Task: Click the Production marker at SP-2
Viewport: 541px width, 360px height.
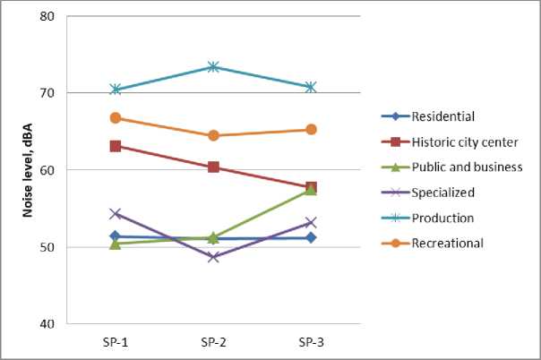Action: coord(213,66)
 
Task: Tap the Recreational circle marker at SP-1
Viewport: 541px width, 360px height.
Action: coord(116,118)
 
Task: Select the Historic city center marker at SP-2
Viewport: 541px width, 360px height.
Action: coord(213,167)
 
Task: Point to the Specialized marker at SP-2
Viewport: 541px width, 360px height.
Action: coord(213,257)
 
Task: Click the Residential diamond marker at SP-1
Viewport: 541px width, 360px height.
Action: coord(116,236)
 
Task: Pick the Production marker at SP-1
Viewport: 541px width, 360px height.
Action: coord(116,90)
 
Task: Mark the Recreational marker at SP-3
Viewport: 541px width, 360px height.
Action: coord(311,129)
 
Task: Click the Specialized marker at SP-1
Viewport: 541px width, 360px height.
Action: coord(116,214)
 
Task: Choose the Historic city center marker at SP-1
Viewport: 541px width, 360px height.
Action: coord(116,146)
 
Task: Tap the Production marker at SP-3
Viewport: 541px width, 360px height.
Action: coord(311,87)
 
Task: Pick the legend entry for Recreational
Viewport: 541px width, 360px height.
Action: coord(447,243)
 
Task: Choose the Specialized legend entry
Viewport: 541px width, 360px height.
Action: coord(443,193)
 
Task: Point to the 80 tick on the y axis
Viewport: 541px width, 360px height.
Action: coord(47,16)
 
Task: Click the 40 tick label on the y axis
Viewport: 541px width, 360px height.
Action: coord(47,323)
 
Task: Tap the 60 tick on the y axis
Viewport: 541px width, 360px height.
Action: coord(47,170)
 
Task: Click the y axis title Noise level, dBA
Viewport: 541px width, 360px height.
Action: coord(17,170)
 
